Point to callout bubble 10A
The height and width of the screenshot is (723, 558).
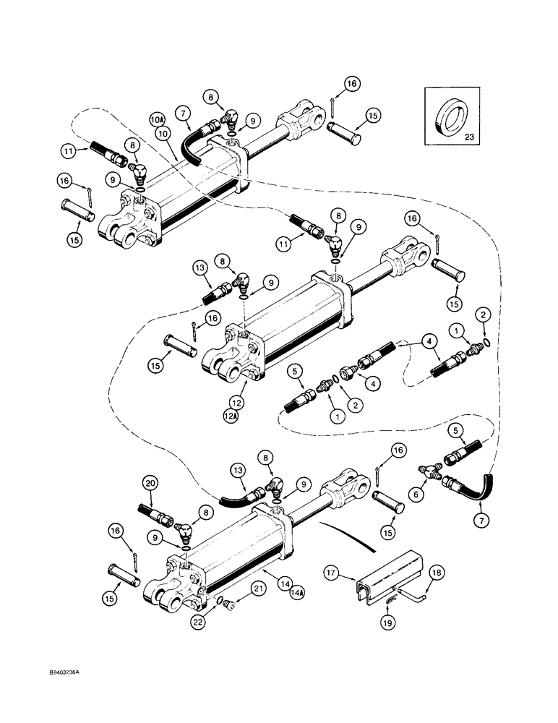[x=157, y=117]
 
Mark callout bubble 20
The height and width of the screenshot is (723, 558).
[x=150, y=483]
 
